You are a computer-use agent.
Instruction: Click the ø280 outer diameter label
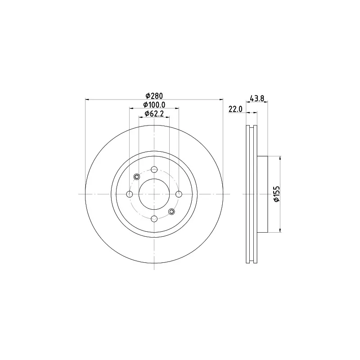point(154,95)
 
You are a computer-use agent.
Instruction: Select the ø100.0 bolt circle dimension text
point(154,105)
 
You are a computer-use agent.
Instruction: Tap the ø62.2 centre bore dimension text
point(154,113)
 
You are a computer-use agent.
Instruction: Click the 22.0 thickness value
point(235,109)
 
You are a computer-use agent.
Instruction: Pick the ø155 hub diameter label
point(277,194)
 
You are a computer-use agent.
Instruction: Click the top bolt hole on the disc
point(154,170)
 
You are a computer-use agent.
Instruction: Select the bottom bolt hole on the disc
point(154,219)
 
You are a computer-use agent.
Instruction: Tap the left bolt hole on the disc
point(130,194)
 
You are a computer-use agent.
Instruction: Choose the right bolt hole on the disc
point(179,194)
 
